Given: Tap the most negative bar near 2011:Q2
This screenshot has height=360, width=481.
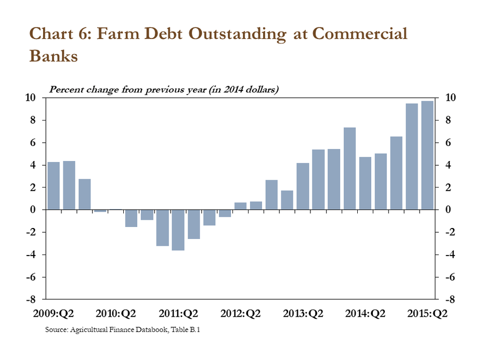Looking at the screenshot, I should pos(178,230).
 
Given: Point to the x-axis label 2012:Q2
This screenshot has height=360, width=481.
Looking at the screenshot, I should pos(240,314).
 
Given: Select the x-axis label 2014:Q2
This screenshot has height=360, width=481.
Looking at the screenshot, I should pos(365,314).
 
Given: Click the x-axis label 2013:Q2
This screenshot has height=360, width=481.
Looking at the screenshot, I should pos(303,314).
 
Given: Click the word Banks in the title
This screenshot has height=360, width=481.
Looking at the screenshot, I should pos(54,56).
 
